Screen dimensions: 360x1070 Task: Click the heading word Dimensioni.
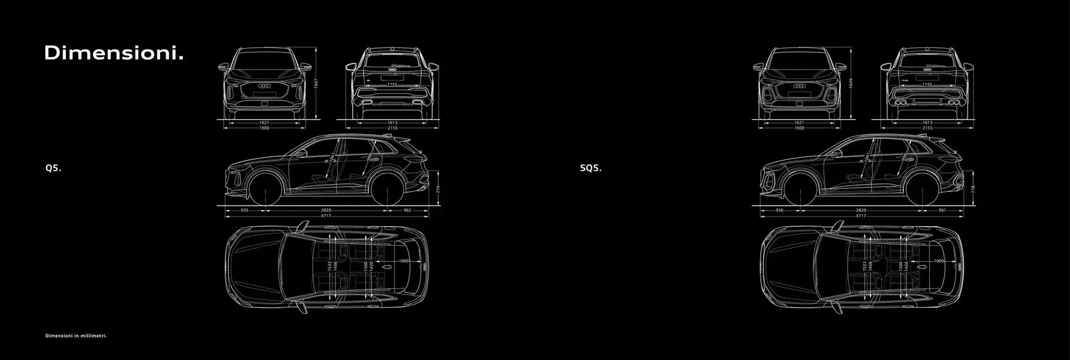click(114, 54)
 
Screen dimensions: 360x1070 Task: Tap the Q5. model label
click(53, 168)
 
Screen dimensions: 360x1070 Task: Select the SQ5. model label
click(591, 168)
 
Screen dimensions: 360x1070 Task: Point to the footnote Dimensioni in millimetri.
click(76, 336)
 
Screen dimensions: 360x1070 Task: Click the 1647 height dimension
click(316, 83)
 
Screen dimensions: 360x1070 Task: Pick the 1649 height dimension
click(850, 83)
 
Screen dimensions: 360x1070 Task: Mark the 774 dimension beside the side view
click(439, 189)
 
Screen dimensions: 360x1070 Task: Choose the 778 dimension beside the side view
click(973, 189)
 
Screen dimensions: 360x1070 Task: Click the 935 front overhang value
click(245, 211)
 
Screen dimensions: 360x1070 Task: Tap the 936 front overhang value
click(779, 211)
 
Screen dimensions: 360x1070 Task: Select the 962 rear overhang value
click(407, 211)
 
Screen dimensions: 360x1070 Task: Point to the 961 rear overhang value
click(942, 211)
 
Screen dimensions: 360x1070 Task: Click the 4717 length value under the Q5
click(326, 216)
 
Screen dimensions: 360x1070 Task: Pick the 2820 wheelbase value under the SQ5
click(861, 211)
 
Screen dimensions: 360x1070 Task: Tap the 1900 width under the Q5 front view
click(264, 128)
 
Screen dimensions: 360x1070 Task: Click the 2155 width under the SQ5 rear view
click(927, 128)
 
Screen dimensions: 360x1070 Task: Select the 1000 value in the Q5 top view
click(404, 261)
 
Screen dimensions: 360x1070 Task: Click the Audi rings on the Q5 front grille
click(265, 86)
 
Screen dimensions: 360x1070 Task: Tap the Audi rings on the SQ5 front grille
click(799, 86)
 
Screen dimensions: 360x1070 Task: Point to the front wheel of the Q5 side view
click(265, 188)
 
